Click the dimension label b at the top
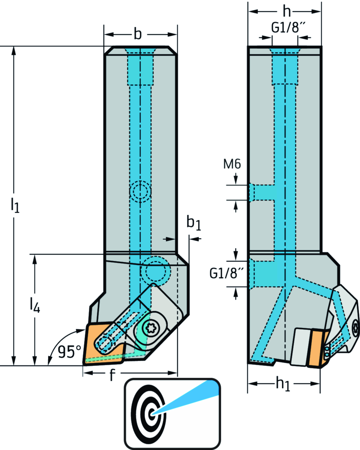(x=138, y=34)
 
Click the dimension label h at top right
(x=287, y=12)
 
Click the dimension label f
(x=112, y=375)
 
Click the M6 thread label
(x=232, y=164)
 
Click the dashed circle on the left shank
(x=140, y=192)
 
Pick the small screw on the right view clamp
(x=355, y=327)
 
